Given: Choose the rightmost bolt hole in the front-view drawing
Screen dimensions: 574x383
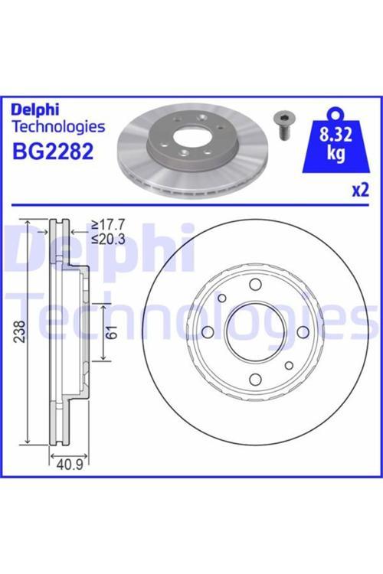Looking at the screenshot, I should (303, 331).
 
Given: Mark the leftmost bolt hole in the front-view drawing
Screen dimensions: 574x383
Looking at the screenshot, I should (206, 331).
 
